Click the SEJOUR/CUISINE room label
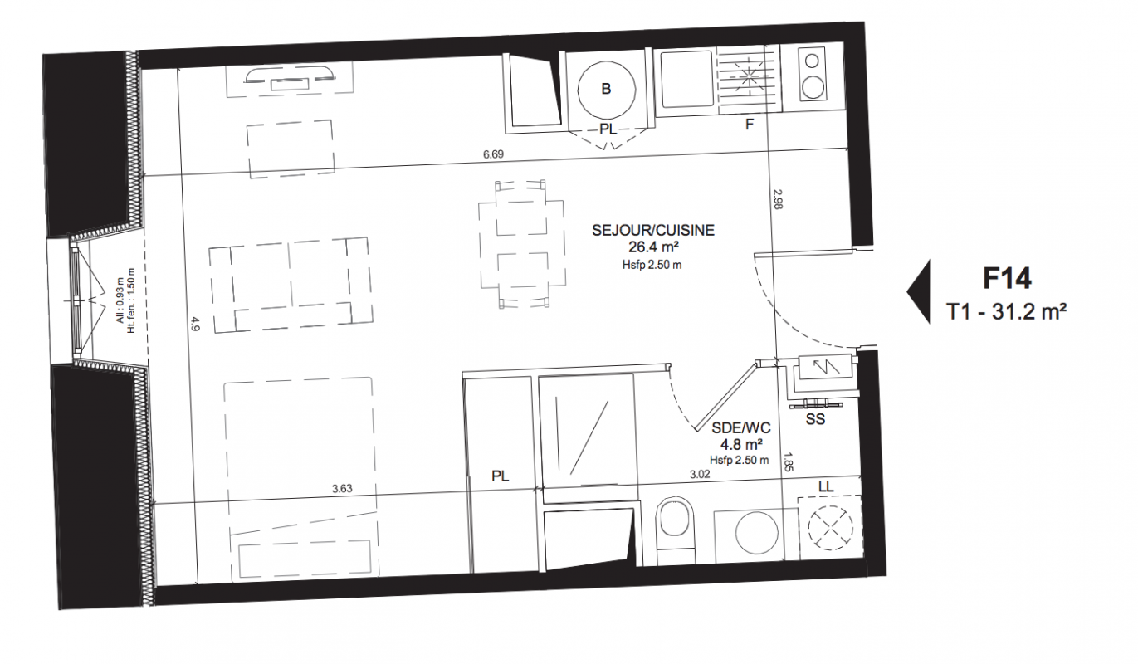coord(652,230)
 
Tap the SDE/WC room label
coord(740,427)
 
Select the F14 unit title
coord(1006,278)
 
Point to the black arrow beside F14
coord(920,291)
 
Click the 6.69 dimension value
coord(493,154)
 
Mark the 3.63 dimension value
coord(342,489)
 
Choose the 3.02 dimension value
coord(700,475)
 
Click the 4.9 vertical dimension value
coord(196,323)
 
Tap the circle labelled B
coord(607,90)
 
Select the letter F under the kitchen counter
coord(750,124)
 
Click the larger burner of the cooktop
coord(812,87)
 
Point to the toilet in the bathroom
coord(675,531)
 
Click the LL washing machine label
coord(826,486)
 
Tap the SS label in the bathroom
coord(815,419)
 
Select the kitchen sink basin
coord(686,79)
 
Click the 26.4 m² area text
coord(654,247)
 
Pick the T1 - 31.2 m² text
coord(1006,311)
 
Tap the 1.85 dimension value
coord(788,462)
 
